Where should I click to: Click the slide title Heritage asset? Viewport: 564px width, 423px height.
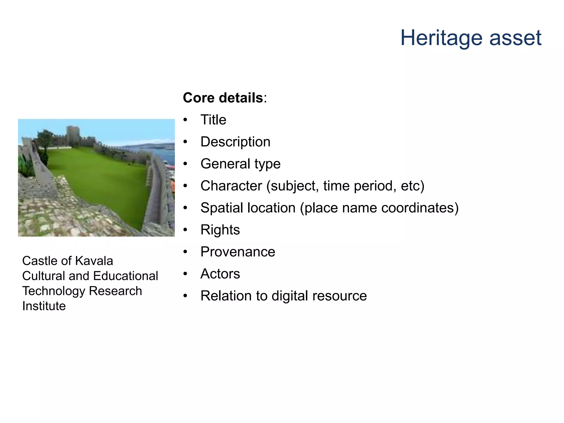pyautogui.click(x=471, y=38)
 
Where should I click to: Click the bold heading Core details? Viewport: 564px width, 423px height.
pyautogui.click(x=223, y=98)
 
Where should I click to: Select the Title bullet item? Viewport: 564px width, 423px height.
pyautogui.click(x=213, y=120)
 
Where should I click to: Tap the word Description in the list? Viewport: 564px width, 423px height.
pyautogui.click(x=235, y=142)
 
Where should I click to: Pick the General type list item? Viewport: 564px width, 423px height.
pyautogui.click(x=240, y=164)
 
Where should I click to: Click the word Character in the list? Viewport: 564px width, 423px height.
pyautogui.click(x=231, y=186)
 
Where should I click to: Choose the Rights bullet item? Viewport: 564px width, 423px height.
pyautogui.click(x=220, y=230)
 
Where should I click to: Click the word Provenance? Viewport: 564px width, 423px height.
pyautogui.click(x=238, y=252)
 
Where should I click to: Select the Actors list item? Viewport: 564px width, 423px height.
pyautogui.click(x=220, y=274)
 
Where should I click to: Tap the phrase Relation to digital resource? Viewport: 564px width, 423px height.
pyautogui.click(x=283, y=296)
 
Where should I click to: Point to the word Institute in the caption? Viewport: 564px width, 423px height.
pyautogui.click(x=44, y=306)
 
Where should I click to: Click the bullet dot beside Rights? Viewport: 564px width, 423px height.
pyautogui.click(x=185, y=230)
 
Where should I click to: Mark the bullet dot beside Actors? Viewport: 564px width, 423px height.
pyautogui.click(x=185, y=274)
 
